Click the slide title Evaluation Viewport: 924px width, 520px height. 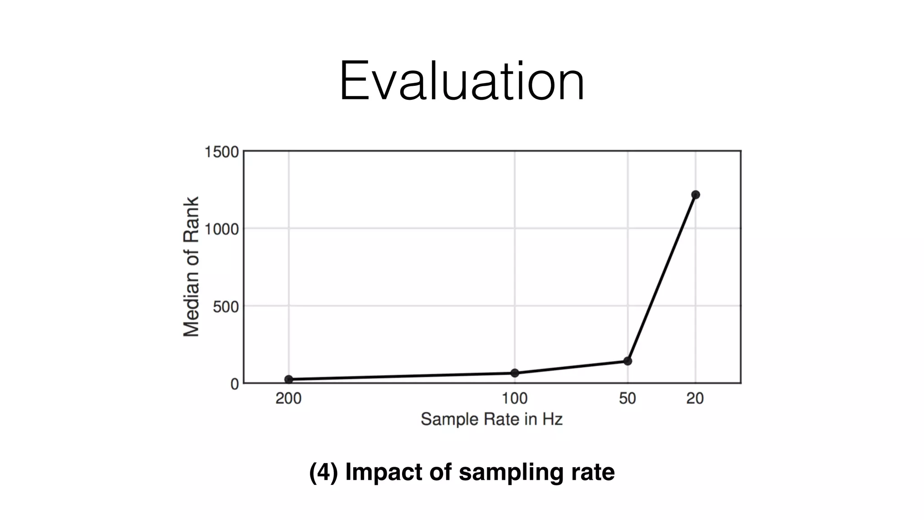[x=462, y=82]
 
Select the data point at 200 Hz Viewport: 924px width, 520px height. [x=289, y=380]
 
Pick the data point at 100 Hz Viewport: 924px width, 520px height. [x=515, y=373]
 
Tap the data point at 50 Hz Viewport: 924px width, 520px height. [x=628, y=361]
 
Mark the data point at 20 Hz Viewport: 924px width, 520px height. [x=695, y=195]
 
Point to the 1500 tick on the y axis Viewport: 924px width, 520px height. [x=222, y=153]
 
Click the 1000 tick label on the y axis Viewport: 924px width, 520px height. [x=222, y=229]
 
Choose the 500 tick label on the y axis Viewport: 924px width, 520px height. [x=226, y=307]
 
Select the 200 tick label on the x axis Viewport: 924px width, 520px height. [x=289, y=399]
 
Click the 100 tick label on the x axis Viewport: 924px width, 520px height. [x=515, y=399]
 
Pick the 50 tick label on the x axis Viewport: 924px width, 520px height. [x=628, y=399]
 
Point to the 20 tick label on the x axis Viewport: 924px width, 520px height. [x=695, y=399]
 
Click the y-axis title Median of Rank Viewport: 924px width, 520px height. [x=191, y=266]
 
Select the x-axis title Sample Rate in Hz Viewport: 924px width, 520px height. [x=491, y=419]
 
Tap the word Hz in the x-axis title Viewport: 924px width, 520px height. [x=552, y=419]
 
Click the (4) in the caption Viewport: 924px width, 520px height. [x=323, y=472]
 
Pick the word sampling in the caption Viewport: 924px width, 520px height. [x=511, y=472]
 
